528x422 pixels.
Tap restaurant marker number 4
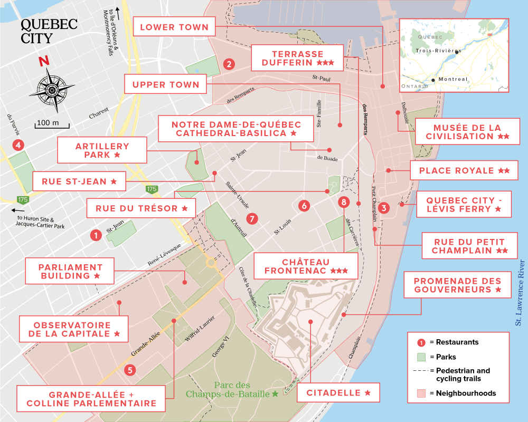(18, 145)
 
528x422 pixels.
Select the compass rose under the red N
(52, 90)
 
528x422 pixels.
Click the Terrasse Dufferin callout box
(298, 58)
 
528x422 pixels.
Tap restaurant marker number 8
(344, 202)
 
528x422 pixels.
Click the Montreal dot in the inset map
(433, 80)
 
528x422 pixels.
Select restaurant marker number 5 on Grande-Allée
(130, 370)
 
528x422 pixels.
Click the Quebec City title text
(49, 31)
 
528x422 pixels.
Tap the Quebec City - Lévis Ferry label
(464, 205)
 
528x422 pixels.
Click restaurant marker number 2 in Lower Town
(229, 64)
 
